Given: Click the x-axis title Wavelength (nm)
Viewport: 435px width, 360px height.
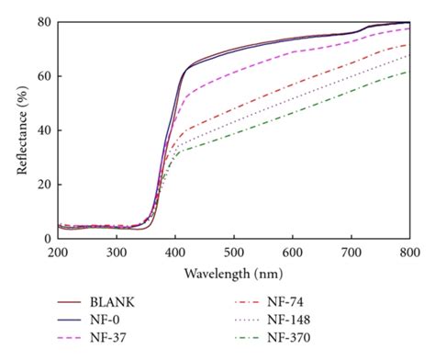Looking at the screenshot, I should coord(233,273).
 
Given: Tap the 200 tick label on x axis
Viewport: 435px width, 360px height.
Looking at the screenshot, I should coord(58,251).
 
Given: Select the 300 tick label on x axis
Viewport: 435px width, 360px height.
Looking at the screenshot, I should coord(117,251).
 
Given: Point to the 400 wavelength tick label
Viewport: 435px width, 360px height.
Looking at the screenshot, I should coord(175,251).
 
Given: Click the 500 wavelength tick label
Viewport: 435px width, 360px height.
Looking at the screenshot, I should coord(234,251).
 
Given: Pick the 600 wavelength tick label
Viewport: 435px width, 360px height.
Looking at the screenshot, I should coord(293,251).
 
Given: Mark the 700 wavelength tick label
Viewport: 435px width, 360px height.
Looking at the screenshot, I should coord(351,251).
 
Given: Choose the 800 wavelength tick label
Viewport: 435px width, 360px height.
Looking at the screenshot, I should coord(409,251).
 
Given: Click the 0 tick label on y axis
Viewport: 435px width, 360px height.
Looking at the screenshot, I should coord(48,238).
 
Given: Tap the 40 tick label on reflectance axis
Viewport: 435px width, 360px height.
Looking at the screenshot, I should coord(45,129).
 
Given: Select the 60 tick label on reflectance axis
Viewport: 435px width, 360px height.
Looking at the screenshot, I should coord(45,75).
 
